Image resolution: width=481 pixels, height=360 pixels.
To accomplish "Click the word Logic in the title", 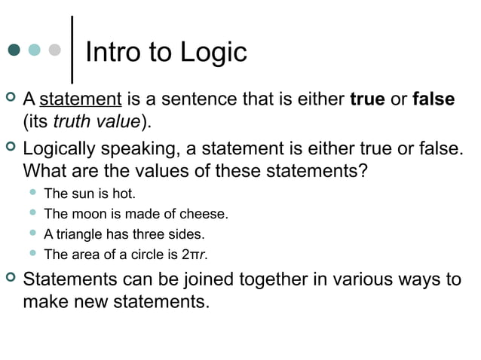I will pos(212,53).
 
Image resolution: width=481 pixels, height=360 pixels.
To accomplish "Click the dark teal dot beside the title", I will pos(14,50).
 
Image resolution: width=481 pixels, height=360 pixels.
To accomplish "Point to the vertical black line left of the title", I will pos(71,49).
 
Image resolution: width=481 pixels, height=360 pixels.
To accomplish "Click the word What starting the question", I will pos(47,170).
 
